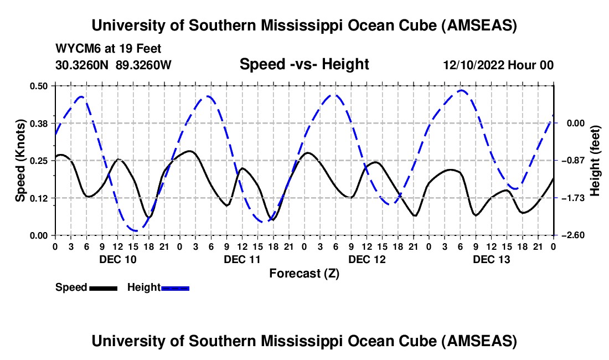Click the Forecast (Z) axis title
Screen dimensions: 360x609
pos(304,273)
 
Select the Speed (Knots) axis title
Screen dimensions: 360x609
pos(20,160)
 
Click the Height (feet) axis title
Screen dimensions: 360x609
pos(595,160)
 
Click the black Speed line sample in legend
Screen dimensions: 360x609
pos(103,287)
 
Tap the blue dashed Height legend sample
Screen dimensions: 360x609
pos(176,287)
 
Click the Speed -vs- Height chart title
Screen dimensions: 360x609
pos(304,64)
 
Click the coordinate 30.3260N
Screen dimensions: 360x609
pos(83,65)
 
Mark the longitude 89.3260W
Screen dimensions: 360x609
pos(144,65)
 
